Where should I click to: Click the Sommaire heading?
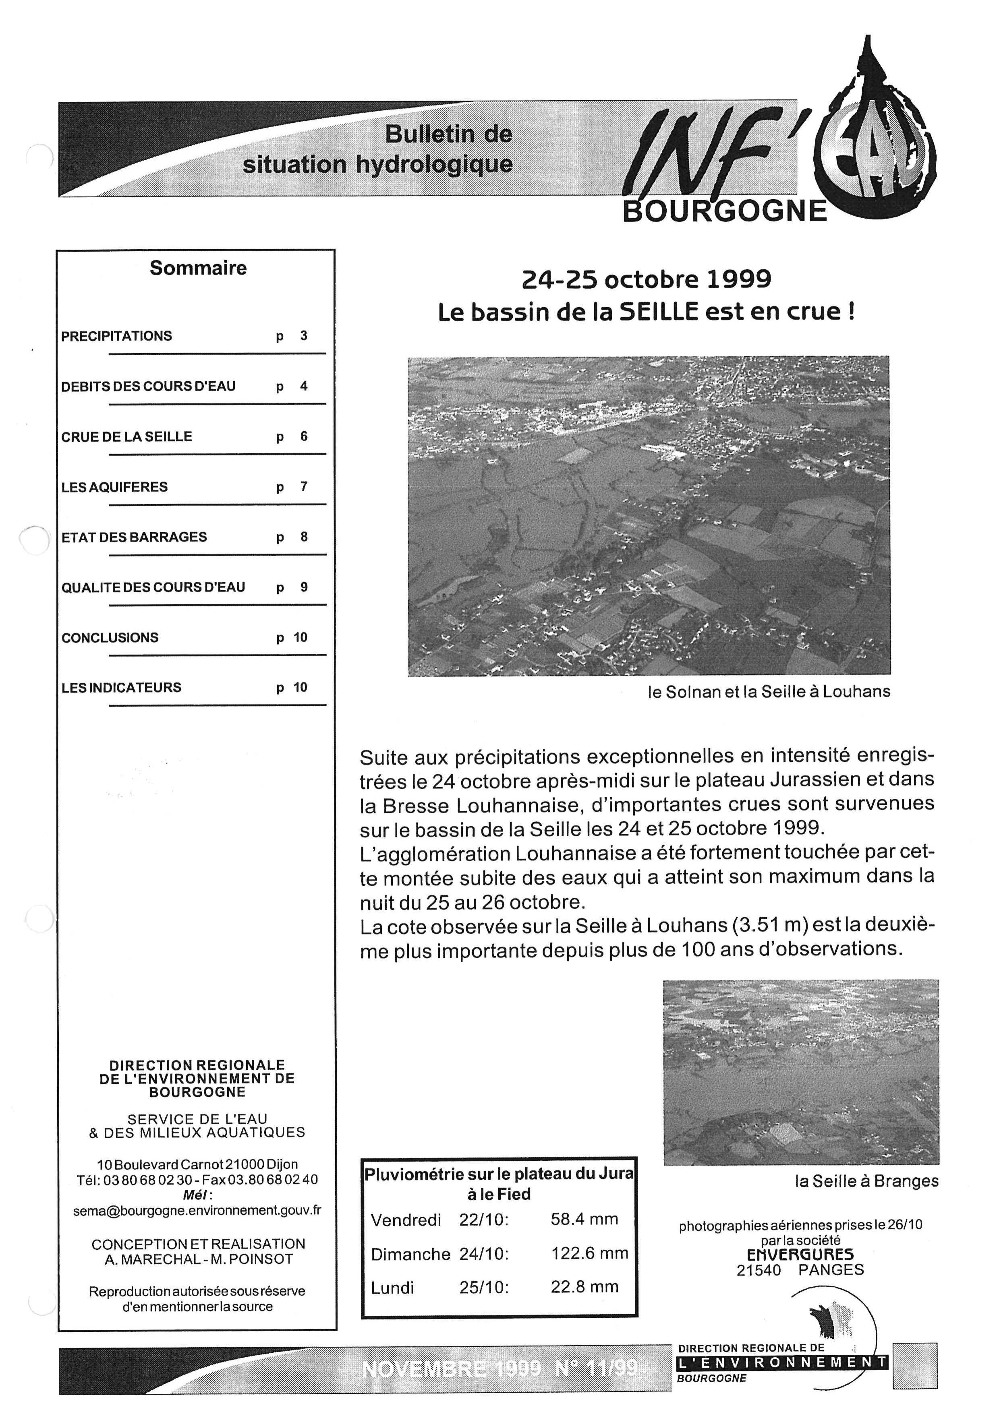(x=198, y=268)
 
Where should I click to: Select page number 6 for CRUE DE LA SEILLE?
(x=304, y=436)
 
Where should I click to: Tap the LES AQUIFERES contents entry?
(x=114, y=487)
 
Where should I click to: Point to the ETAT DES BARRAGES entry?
(x=134, y=537)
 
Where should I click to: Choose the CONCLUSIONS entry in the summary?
(x=110, y=638)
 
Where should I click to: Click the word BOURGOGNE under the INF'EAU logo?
(x=725, y=211)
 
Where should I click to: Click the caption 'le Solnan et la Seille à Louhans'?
(x=769, y=692)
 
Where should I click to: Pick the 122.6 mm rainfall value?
(x=589, y=1253)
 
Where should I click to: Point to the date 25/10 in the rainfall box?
(x=483, y=1287)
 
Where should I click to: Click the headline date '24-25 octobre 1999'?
(x=646, y=280)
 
